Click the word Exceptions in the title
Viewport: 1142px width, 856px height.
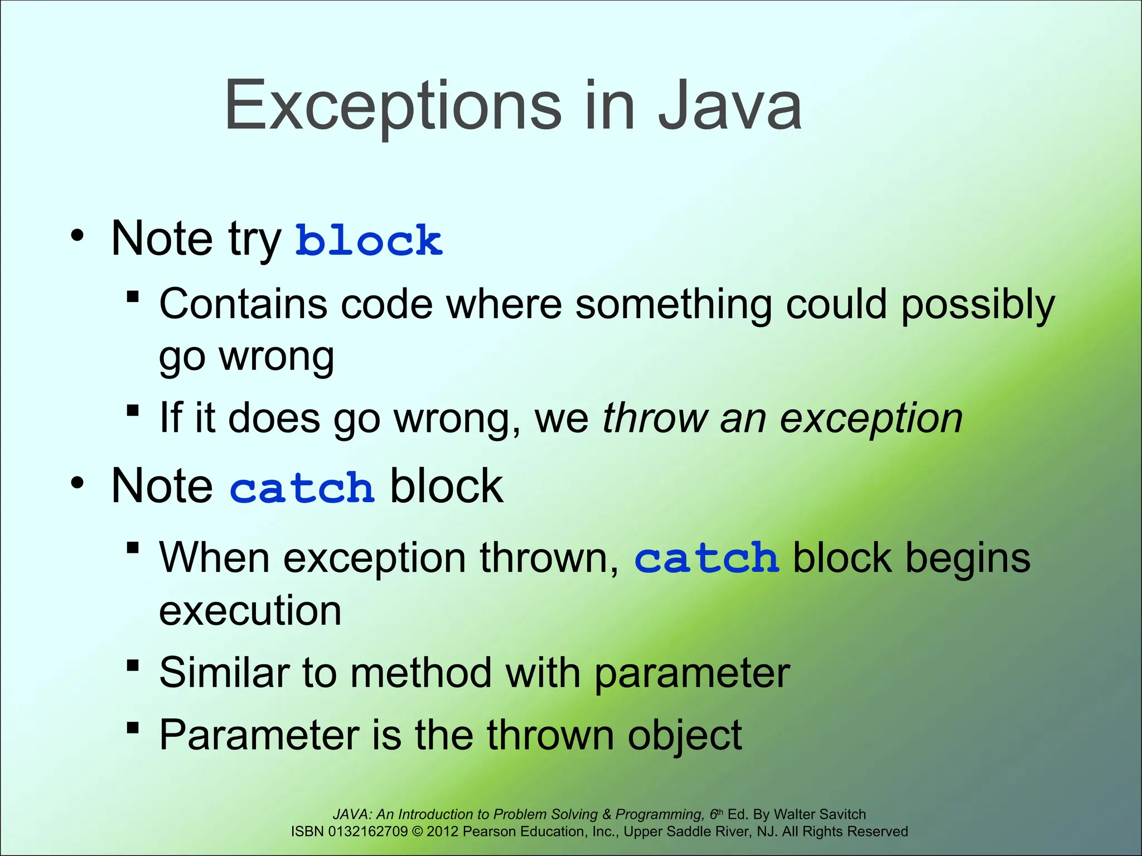click(x=392, y=106)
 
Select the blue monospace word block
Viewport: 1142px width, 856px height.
click(x=369, y=241)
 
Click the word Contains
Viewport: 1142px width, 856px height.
click(x=243, y=304)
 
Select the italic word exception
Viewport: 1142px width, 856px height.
click(x=871, y=419)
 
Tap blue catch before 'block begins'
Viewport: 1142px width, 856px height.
click(x=706, y=558)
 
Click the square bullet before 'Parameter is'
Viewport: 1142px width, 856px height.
click(x=133, y=728)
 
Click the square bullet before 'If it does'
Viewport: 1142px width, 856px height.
click(x=133, y=411)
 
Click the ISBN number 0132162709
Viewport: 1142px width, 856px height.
click(x=368, y=831)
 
